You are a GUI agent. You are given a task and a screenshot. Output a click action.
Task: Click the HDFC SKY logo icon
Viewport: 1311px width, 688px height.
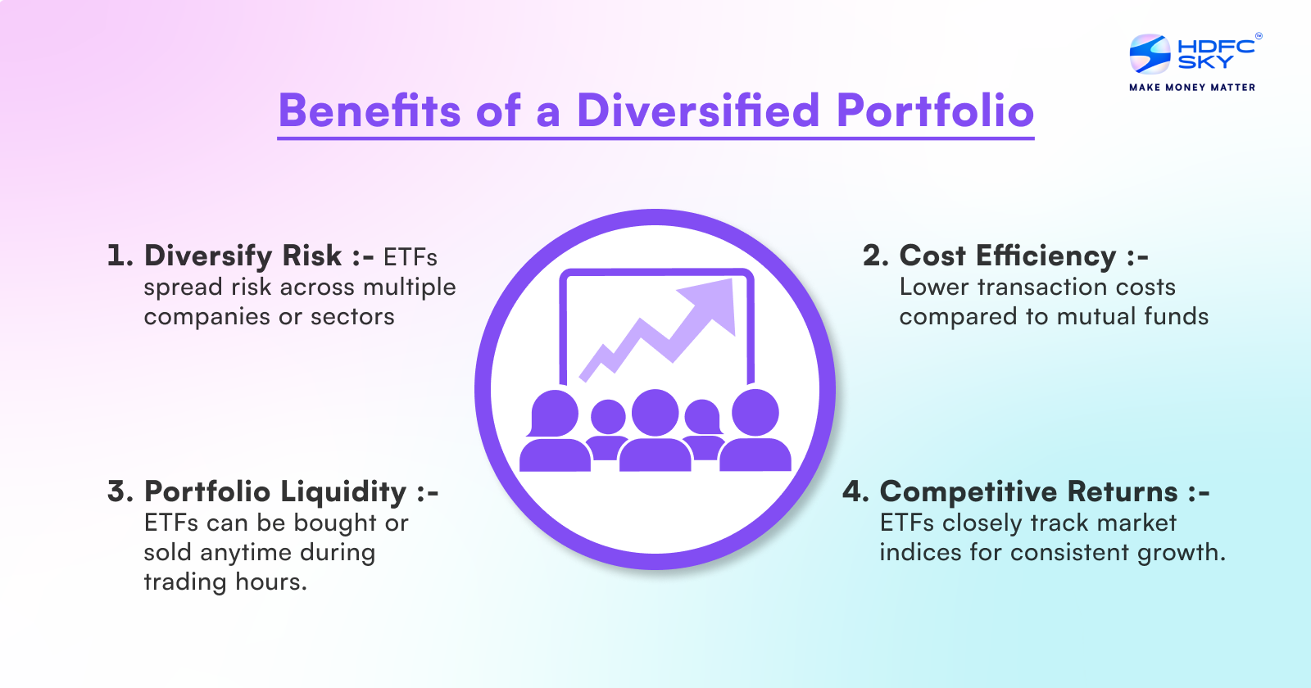coord(1150,54)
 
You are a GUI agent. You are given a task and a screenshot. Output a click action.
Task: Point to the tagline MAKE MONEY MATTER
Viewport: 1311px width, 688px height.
coord(1192,87)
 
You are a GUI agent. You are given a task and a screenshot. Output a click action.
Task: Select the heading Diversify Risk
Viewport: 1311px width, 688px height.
coord(243,256)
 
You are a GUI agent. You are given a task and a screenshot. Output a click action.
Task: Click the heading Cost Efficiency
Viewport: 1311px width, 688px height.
coord(1008,256)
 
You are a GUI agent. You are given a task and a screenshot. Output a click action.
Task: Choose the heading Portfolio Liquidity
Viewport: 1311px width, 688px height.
coord(275,491)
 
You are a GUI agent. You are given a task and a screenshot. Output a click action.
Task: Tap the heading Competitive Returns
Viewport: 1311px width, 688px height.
coord(1028,491)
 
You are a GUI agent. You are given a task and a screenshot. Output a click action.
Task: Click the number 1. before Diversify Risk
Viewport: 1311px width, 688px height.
coord(120,256)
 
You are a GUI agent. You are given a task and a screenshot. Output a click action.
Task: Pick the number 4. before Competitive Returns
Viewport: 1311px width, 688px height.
coord(855,491)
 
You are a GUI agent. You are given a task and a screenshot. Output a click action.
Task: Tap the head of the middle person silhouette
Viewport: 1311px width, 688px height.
coord(655,412)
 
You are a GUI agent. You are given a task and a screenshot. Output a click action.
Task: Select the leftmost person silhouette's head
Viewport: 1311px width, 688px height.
coord(555,413)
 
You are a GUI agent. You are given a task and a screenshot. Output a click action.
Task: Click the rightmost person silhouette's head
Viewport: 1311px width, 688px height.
coord(755,412)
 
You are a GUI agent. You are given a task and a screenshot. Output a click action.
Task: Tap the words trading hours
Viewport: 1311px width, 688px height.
coord(225,582)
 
